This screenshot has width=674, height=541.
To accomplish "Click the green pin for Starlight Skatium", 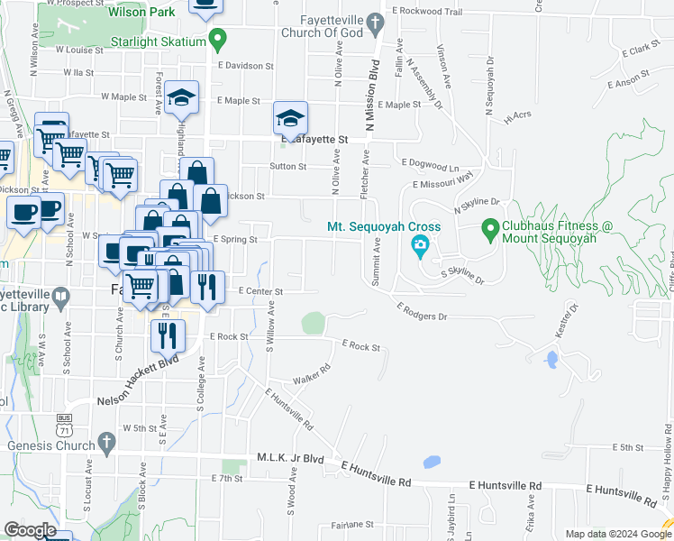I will coord(216,39).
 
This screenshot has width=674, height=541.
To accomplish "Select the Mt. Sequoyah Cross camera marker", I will coord(420,244).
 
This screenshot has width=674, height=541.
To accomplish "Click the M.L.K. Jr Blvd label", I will coord(290,458).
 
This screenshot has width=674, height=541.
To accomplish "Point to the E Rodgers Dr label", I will coord(422,312).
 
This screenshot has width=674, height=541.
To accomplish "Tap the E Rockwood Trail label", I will coord(428,13).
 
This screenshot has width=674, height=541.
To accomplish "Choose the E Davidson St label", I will coord(244,66).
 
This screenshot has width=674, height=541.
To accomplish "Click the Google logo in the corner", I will coord(30,530).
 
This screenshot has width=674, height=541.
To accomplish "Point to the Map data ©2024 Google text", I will coord(616,534).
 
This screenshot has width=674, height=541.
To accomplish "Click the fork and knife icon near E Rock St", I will coord(168,335).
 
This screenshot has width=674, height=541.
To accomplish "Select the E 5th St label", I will coord(627,447).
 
